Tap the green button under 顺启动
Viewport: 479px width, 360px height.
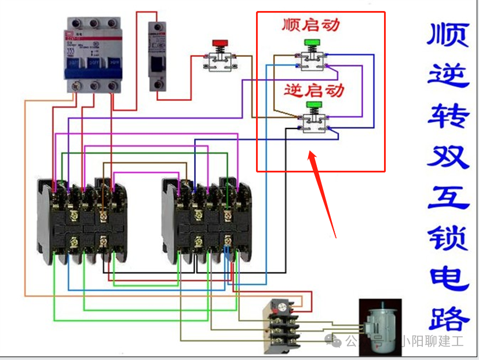point(313,42)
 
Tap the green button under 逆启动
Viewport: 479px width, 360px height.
point(314,105)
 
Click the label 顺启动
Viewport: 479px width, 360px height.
point(311,25)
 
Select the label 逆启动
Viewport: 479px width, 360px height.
point(315,90)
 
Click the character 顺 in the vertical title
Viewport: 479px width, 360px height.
point(448,36)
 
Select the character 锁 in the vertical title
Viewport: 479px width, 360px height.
point(448,239)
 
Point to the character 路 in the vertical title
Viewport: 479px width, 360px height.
point(448,319)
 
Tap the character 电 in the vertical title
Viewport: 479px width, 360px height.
point(448,279)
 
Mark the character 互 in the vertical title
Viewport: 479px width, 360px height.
point(448,198)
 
